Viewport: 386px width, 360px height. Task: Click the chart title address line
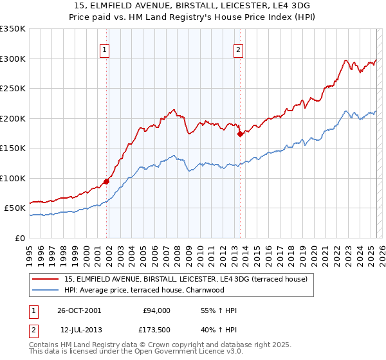[x=192, y=6]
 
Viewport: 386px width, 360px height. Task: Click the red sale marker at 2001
[x=107, y=181]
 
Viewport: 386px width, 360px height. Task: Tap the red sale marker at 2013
[x=240, y=134]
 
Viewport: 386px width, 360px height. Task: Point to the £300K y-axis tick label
[x=13, y=59]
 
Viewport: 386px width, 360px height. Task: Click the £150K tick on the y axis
[x=13, y=148]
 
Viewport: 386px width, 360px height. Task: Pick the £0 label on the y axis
[x=21, y=238]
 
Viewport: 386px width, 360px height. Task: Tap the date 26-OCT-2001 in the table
[x=78, y=310]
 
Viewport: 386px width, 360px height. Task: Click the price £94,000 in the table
[x=156, y=310]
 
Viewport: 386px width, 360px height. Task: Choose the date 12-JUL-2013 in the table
[x=78, y=330]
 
